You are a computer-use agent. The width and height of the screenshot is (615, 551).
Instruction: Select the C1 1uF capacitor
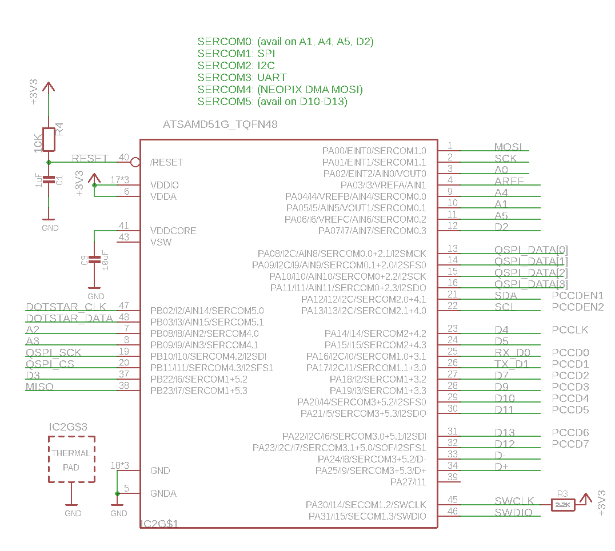[49, 180]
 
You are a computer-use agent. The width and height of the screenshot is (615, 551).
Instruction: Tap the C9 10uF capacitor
[94, 260]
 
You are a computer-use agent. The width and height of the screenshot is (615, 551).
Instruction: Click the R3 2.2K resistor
[562, 505]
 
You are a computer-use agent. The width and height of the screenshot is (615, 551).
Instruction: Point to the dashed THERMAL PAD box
[71, 460]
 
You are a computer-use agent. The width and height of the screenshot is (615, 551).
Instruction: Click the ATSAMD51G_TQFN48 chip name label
[220, 124]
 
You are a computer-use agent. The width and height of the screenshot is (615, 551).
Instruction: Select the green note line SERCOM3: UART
[242, 77]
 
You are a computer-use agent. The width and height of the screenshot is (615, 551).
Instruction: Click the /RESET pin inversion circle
[135, 162]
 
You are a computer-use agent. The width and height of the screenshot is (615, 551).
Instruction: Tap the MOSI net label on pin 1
[508, 147]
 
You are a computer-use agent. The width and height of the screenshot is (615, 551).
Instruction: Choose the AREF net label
[509, 182]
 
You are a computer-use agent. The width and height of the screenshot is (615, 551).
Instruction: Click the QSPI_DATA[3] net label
[531, 284]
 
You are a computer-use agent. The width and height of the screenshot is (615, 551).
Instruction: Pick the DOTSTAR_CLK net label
[66, 307]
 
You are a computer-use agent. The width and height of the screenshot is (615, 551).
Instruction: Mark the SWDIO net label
[513, 513]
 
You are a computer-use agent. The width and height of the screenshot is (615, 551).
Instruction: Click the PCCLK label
[570, 330]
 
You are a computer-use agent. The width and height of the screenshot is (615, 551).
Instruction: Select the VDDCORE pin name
[173, 231]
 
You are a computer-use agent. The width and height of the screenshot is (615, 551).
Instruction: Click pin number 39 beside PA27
[453, 477]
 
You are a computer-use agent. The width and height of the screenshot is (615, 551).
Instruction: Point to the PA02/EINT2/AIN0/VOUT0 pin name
[374, 174]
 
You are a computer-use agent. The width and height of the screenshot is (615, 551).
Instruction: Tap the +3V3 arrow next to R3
[585, 498]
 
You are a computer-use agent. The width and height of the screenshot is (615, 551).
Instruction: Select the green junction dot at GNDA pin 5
[117, 493]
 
